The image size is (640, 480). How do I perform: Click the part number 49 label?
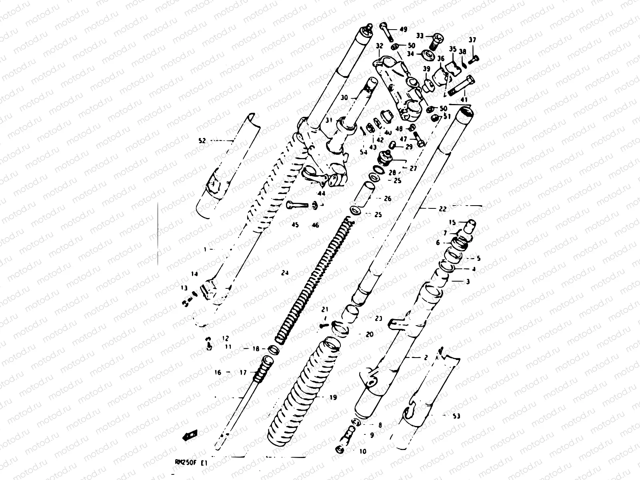[403, 29]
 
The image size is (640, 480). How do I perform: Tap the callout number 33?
[419, 36]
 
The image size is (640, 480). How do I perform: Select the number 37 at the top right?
[472, 40]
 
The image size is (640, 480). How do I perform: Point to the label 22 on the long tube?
[442, 209]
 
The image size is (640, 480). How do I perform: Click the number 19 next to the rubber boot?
[333, 398]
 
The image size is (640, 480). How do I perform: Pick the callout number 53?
[456, 416]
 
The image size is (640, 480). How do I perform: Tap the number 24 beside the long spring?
[285, 273]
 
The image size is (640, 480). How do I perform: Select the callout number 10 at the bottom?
[362, 452]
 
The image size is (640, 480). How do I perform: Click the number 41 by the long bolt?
[464, 99]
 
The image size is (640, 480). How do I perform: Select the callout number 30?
[344, 97]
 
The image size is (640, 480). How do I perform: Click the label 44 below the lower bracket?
[321, 193]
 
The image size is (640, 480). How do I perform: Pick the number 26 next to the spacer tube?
[387, 199]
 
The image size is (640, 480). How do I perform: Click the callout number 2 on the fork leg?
[426, 358]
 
